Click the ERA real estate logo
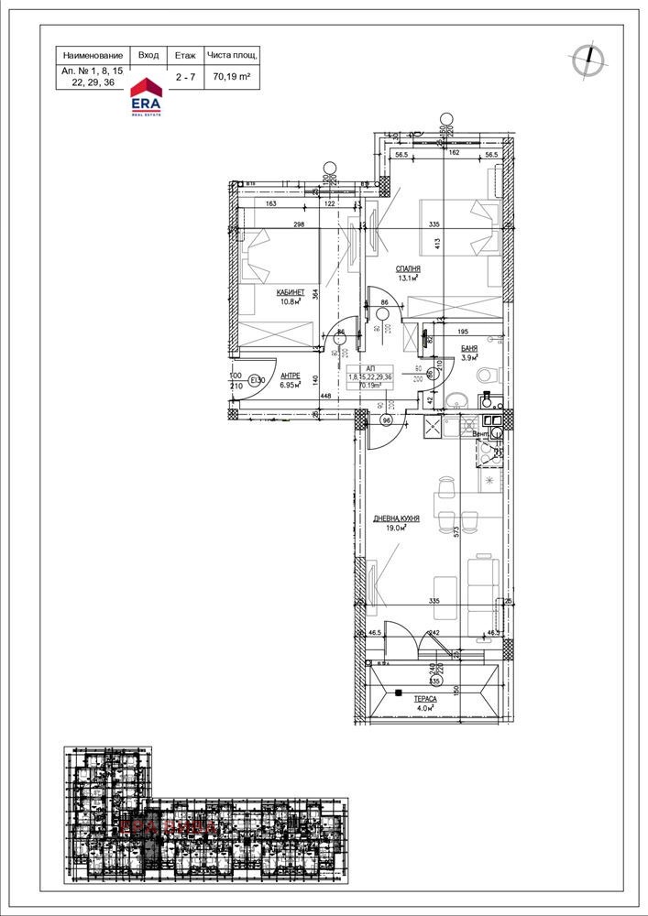[147, 94]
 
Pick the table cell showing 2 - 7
[184, 77]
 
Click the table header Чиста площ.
[232, 55]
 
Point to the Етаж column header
[184, 55]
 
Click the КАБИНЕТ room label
[290, 292]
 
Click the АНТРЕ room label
[291, 375]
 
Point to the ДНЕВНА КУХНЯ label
[396, 518]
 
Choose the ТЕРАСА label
[423, 697]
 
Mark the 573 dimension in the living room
[455, 530]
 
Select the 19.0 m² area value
[396, 529]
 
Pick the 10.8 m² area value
[290, 302]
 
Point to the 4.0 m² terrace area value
[423, 707]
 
